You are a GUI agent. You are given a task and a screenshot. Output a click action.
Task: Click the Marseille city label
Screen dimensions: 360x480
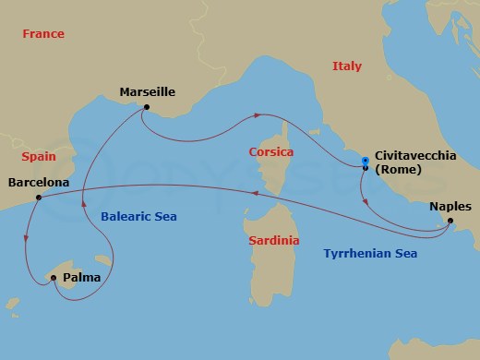click(148, 91)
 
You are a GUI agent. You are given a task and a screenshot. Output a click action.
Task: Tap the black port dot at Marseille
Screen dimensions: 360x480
click(146, 107)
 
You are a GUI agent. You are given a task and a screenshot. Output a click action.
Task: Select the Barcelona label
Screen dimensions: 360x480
click(38, 183)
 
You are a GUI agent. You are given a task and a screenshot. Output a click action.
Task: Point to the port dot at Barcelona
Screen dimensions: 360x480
click(37, 196)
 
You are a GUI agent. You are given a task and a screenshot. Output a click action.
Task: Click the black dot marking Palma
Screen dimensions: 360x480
click(53, 278)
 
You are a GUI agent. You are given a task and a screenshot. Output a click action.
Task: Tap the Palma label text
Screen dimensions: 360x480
click(81, 277)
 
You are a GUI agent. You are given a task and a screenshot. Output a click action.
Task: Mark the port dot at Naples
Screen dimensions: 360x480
click(450, 221)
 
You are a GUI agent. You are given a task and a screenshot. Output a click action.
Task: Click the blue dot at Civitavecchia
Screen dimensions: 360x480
click(366, 163)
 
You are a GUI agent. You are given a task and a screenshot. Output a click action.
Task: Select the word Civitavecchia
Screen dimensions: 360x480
click(415, 156)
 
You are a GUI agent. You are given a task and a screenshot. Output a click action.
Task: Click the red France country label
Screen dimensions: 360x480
click(44, 34)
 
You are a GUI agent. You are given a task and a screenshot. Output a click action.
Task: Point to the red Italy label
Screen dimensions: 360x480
click(347, 66)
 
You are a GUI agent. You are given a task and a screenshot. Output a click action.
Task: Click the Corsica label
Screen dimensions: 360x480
click(270, 151)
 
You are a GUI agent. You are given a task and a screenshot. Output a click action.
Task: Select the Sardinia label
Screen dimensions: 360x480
click(274, 240)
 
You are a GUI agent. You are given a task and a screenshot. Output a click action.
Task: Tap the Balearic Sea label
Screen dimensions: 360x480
click(138, 216)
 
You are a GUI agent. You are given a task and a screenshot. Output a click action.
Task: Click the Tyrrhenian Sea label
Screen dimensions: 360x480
click(369, 253)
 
